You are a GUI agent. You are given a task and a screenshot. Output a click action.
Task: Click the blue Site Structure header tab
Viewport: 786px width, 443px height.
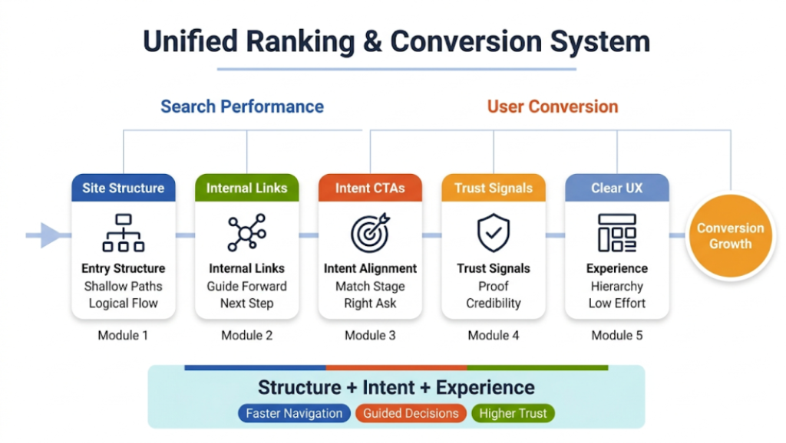[124, 188]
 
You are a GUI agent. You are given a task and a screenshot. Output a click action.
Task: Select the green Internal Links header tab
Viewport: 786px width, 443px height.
[246, 188]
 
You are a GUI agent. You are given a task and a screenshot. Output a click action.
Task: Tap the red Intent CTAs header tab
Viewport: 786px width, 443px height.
[370, 188]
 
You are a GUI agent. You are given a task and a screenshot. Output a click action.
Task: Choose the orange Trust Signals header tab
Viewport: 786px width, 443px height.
[494, 188]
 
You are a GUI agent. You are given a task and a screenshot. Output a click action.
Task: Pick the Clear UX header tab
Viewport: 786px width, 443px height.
[617, 188]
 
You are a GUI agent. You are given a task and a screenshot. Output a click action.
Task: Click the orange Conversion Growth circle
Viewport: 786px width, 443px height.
[730, 236]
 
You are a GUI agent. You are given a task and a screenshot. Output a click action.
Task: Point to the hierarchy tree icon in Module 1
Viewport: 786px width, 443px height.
[124, 233]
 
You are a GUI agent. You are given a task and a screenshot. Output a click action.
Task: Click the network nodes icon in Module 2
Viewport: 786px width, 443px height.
[246, 233]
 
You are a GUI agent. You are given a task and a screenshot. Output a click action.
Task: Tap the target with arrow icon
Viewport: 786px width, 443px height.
[370, 233]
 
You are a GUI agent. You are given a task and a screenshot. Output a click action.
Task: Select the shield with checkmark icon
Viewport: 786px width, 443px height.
[494, 233]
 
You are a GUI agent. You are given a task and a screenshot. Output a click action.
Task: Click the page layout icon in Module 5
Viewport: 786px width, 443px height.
[617, 233]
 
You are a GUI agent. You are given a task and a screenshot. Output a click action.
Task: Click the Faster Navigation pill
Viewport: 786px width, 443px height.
[294, 413]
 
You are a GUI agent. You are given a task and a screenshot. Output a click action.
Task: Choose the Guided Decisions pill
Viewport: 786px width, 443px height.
[411, 413]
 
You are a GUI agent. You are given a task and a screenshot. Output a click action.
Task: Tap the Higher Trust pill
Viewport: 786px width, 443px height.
[512, 413]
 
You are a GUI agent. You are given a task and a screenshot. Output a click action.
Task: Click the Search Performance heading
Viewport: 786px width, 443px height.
[242, 107]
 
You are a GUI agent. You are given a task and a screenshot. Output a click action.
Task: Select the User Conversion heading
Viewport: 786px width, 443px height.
[553, 107]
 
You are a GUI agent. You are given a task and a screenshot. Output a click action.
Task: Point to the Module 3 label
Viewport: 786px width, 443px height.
[370, 335]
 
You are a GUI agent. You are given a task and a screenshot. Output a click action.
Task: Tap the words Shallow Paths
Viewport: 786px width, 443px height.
[124, 286]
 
